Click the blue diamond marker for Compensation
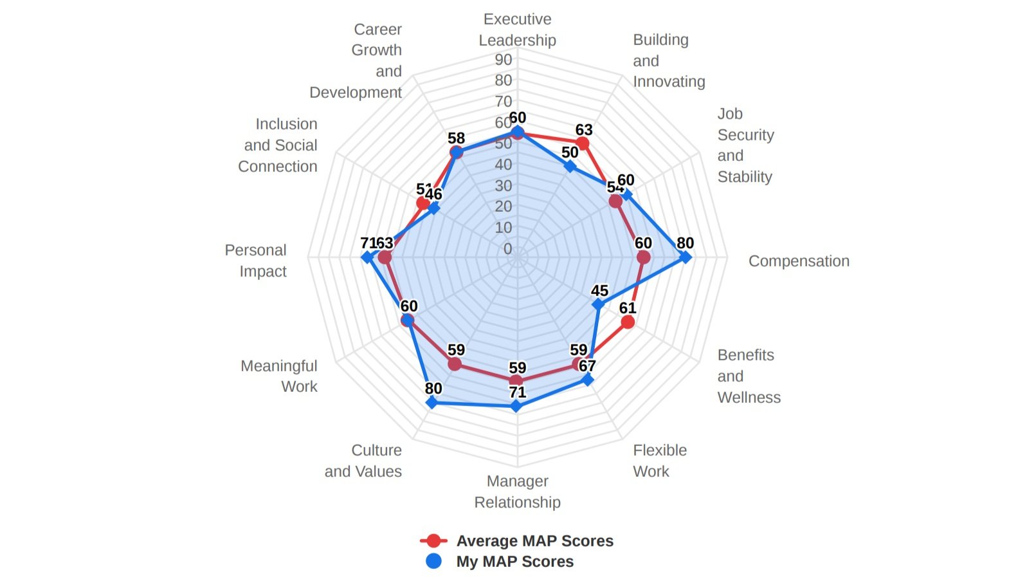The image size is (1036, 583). tap(686, 257)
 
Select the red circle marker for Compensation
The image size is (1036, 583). tap(643, 257)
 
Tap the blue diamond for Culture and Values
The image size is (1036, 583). tap(432, 403)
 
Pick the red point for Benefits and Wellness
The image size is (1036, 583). tap(628, 322)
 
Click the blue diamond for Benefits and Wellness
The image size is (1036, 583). tap(598, 304)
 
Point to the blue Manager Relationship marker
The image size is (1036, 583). tap(516, 406)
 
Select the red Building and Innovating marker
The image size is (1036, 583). tap(583, 143)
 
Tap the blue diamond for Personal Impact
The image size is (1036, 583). tap(367, 257)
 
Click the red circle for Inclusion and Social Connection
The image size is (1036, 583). tap(423, 204)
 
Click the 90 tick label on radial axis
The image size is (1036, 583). tap(504, 60)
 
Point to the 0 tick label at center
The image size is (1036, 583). tap(507, 249)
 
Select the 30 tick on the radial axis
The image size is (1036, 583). tap(504, 186)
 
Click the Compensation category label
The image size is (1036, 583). tap(799, 261)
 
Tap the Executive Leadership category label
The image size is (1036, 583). tap(518, 30)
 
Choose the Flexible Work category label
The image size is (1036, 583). tap(660, 461)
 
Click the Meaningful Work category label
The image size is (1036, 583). tap(279, 376)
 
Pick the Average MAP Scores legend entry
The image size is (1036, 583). tap(518, 541)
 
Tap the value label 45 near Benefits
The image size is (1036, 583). tap(599, 291)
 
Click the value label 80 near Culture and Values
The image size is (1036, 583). tap(433, 389)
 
